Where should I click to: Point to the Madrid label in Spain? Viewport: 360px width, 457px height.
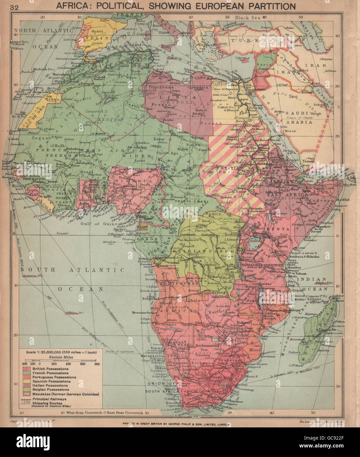click(97, 32)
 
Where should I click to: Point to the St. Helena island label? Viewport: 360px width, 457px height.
click(75, 313)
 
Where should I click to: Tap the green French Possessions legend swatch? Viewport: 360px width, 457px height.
click(24, 373)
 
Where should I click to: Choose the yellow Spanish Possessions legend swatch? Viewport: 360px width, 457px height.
click(24, 381)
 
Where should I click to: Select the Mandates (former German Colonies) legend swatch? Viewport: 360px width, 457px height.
click(24, 394)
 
